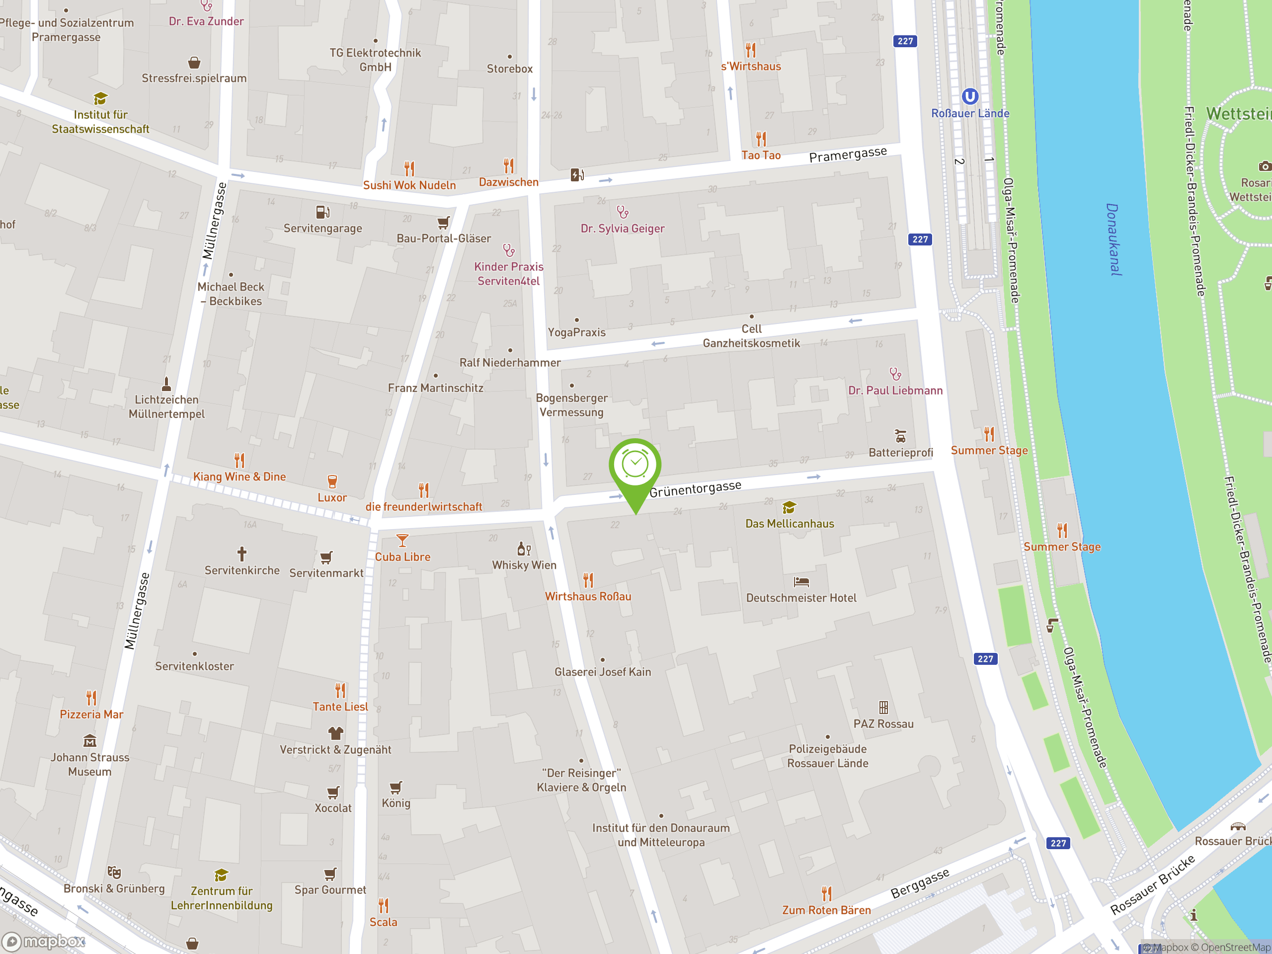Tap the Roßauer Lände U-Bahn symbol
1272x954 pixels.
click(969, 96)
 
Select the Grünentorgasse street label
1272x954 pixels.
click(695, 488)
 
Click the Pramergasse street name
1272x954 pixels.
click(848, 154)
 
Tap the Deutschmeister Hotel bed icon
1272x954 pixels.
click(801, 582)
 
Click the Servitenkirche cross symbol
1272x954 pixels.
click(242, 554)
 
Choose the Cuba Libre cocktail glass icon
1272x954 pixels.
click(402, 541)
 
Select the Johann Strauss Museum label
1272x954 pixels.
click(90, 764)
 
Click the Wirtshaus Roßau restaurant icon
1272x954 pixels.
click(588, 580)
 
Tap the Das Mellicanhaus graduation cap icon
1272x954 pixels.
click(789, 507)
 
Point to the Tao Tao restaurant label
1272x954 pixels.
click(761, 155)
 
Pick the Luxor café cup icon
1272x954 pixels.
click(332, 481)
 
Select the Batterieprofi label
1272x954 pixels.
click(900, 453)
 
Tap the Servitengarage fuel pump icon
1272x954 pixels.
click(322, 212)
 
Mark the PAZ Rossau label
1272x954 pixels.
click(883, 724)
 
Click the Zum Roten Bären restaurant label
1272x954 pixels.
click(826, 910)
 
